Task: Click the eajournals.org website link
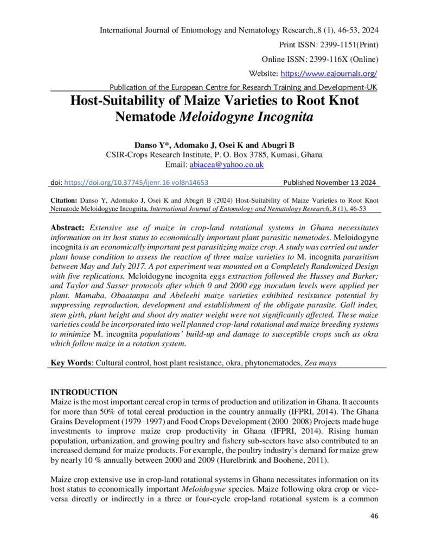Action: click(x=329, y=73)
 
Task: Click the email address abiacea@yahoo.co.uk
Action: click(x=226, y=165)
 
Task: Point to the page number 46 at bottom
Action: click(x=374, y=515)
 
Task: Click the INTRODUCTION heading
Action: click(x=84, y=392)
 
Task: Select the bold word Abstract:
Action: click(x=67, y=227)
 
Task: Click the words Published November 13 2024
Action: click(x=330, y=183)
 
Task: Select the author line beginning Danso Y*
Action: click(x=214, y=145)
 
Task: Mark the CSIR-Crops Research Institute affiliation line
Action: click(x=214, y=154)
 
